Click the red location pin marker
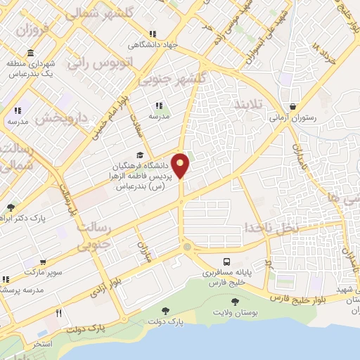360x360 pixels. [x=181, y=165]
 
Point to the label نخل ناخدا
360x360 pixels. [x=271, y=228]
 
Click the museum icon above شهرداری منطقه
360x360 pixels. [x=30, y=54]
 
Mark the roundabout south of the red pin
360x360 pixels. [x=186, y=246]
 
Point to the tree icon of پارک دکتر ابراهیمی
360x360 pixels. [x=11, y=207]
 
